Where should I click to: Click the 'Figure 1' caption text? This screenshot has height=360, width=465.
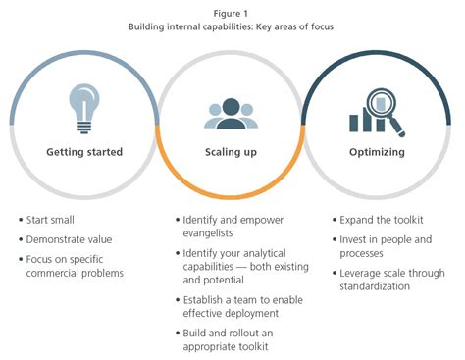pyautogui.click(x=232, y=12)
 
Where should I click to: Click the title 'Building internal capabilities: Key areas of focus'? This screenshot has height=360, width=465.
pyautogui.click(x=232, y=26)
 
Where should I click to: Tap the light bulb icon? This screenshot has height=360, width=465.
pyautogui.click(x=84, y=108)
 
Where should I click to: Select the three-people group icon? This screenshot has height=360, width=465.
pyautogui.click(x=231, y=114)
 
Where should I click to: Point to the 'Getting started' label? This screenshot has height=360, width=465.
pyautogui.click(x=84, y=152)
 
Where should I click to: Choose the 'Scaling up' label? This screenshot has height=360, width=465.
pyautogui.click(x=232, y=153)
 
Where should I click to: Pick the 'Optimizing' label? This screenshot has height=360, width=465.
pyautogui.click(x=379, y=152)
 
